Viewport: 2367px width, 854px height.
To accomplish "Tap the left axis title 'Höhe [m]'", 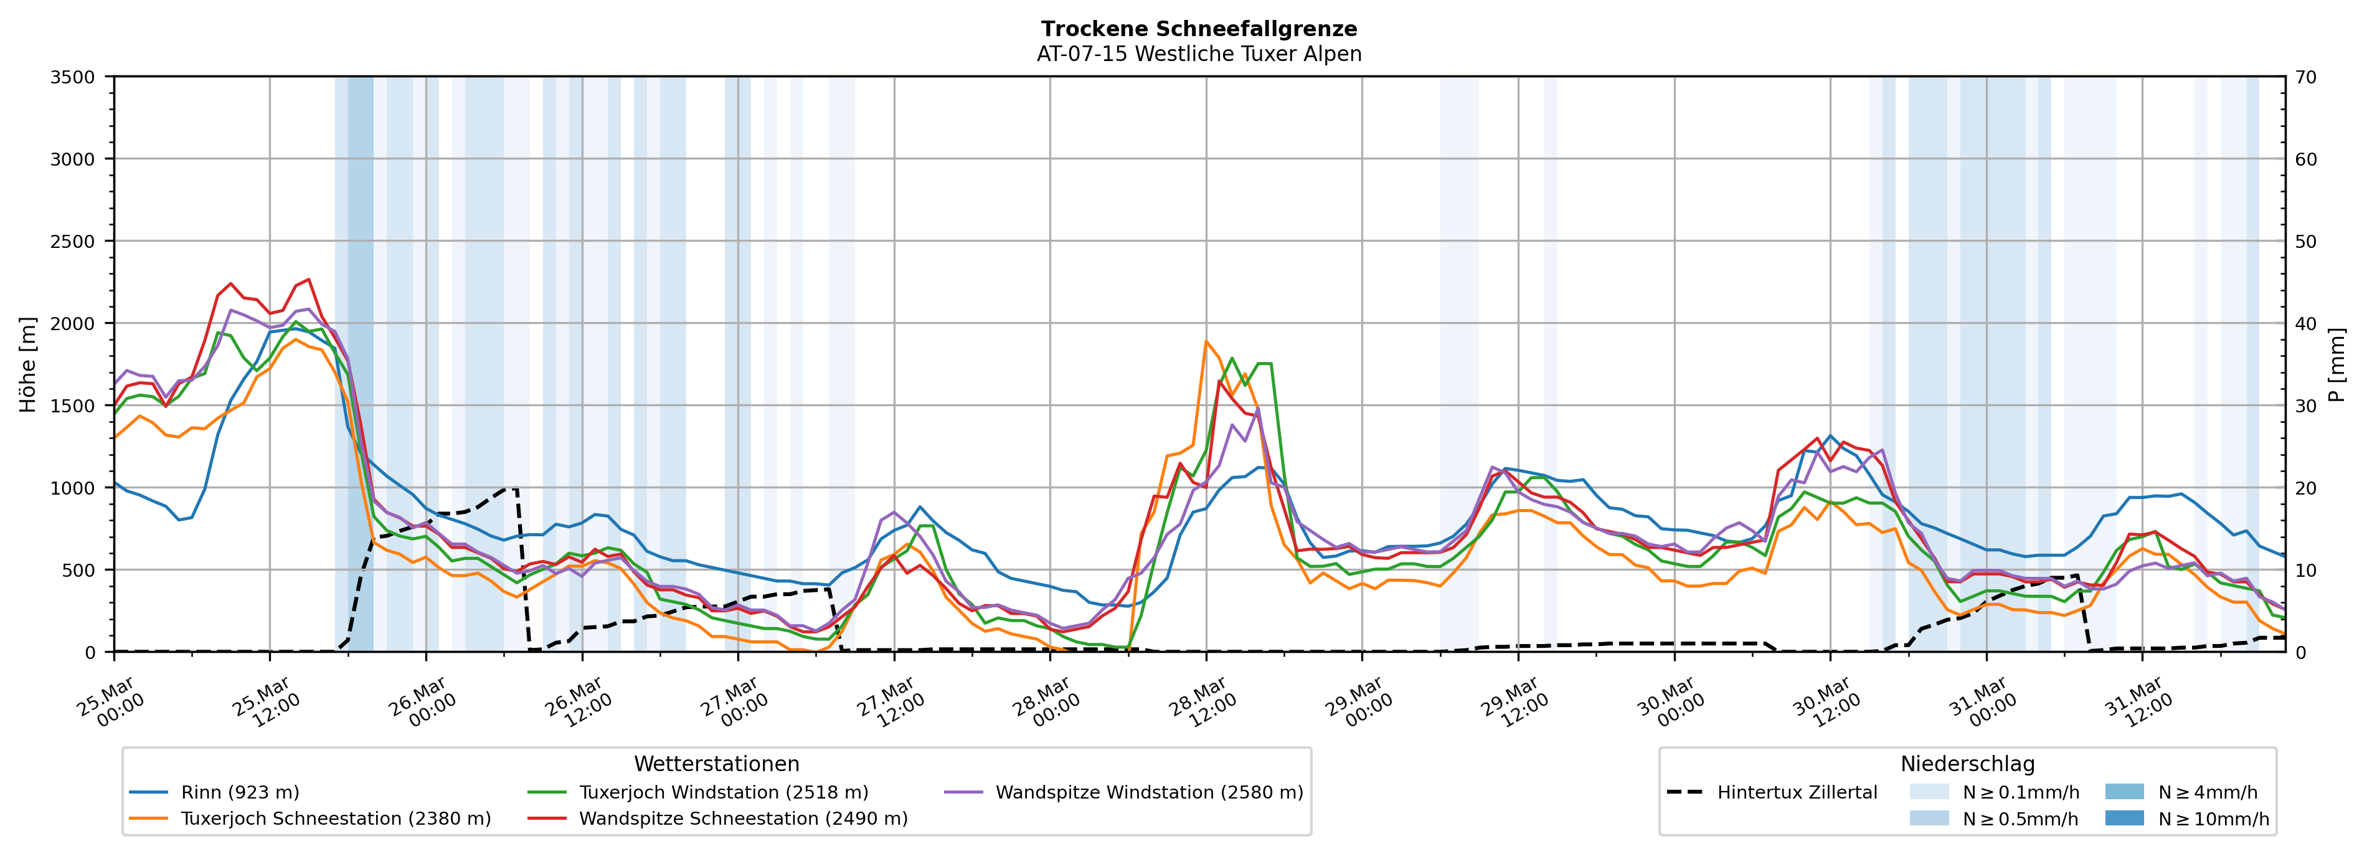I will (x=29, y=364).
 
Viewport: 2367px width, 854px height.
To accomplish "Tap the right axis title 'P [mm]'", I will (x=2336, y=364).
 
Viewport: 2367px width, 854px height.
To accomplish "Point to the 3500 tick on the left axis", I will (x=73, y=77).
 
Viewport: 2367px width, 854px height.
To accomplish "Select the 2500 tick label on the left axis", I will (x=73, y=242).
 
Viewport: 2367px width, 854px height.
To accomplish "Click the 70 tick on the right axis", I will (x=2305, y=77).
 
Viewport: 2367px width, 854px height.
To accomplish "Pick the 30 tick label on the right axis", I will (x=2305, y=406).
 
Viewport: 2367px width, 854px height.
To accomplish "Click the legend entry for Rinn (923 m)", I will (x=240, y=792).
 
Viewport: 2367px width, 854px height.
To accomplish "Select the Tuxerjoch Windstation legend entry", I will (x=723, y=792).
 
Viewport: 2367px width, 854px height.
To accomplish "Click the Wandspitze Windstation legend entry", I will (x=1148, y=792).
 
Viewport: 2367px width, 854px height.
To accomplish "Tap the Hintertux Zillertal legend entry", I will (x=1797, y=792).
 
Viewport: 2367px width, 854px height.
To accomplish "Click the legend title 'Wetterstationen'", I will (x=717, y=764).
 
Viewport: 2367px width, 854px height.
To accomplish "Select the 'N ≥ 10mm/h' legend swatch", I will (x=2124, y=818).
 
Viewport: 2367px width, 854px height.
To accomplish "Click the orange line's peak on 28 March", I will (x=1206, y=341).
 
